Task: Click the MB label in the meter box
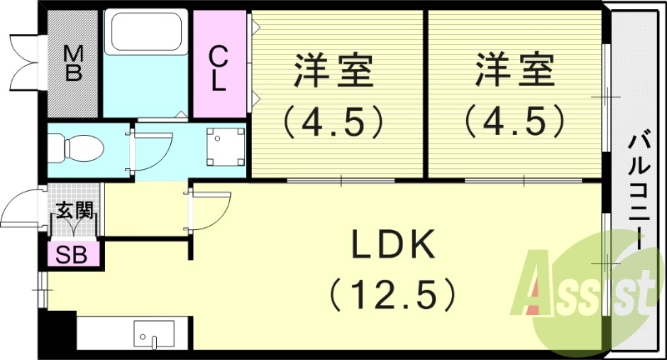pyautogui.click(x=73, y=62)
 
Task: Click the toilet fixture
pyautogui.click(x=79, y=150)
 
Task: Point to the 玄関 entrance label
pyautogui.click(x=73, y=211)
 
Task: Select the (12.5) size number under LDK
pyautogui.click(x=393, y=293)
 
